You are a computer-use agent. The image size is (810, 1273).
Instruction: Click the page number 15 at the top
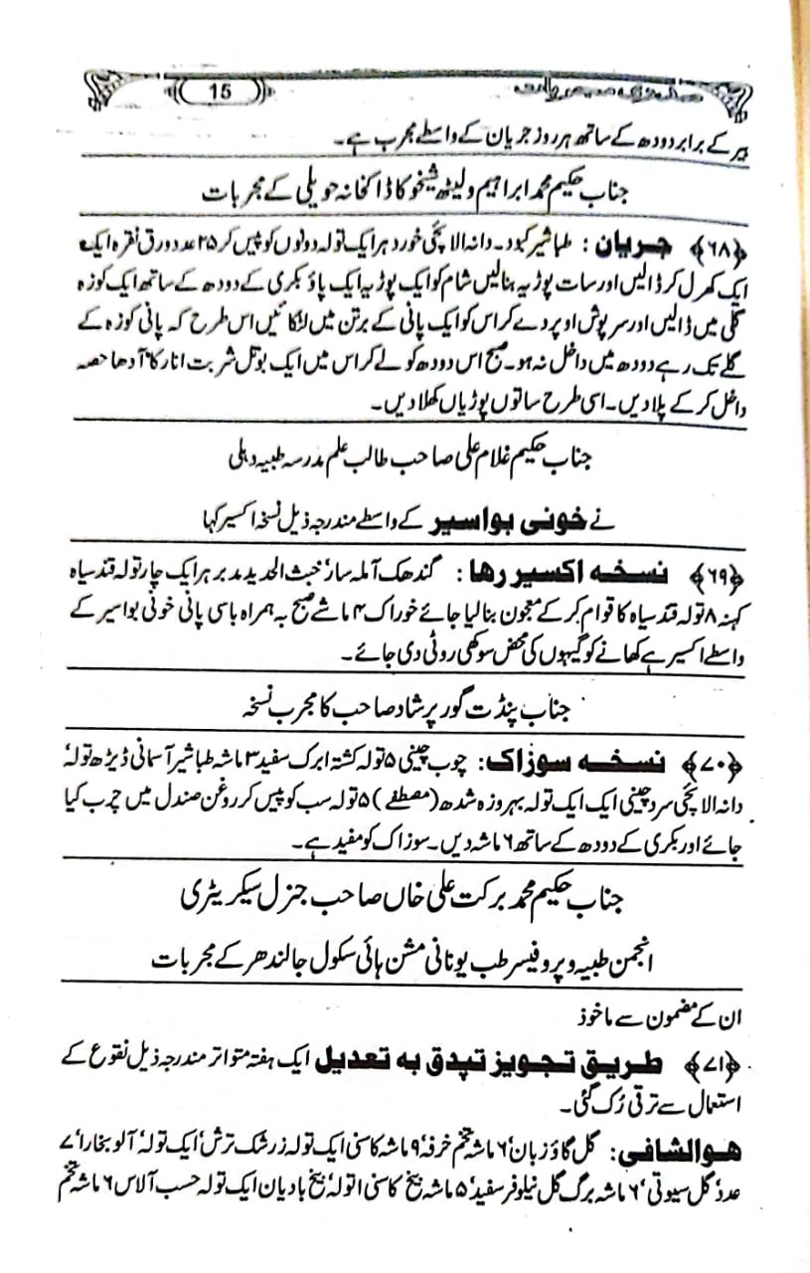pyautogui.click(x=221, y=91)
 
